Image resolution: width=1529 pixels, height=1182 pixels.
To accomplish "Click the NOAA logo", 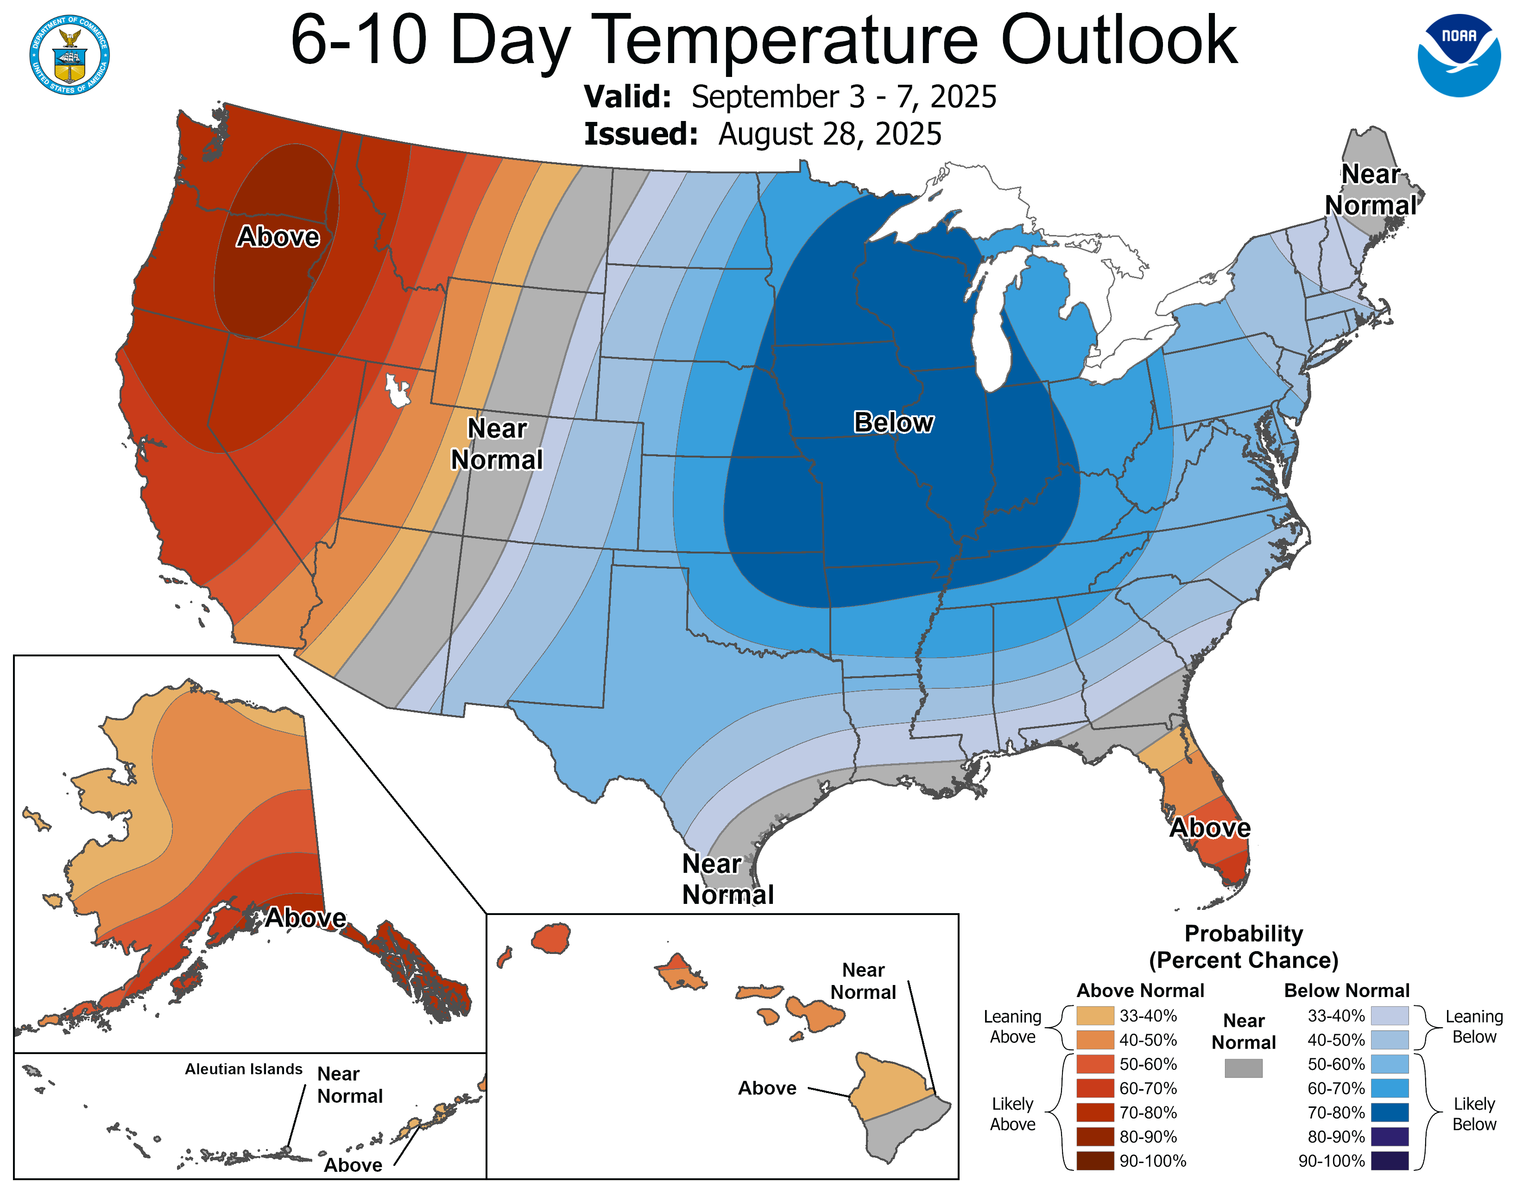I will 1459,55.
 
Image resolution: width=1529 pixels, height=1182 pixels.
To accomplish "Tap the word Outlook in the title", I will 1119,41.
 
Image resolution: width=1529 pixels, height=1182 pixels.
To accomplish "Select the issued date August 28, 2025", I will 830,134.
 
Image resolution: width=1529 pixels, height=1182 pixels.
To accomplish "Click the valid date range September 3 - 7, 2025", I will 844,96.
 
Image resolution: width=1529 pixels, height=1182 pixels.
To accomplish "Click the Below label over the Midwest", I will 893,422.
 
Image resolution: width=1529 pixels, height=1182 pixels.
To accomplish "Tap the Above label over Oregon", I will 278,237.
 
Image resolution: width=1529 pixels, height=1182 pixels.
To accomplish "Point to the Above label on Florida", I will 1210,828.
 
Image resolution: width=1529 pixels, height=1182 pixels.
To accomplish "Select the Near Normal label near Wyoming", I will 496,444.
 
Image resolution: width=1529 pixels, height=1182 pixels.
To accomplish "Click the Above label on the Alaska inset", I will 306,917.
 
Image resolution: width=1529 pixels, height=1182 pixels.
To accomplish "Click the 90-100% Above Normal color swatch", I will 1095,1160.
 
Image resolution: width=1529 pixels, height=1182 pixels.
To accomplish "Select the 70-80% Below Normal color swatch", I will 1389,1112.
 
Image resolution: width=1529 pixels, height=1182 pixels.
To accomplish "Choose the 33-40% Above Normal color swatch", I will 1095,1015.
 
